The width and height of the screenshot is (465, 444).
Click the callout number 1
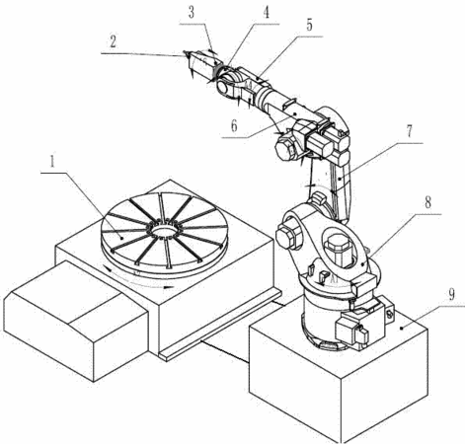[x=52, y=162]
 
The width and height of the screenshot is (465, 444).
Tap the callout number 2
[x=113, y=42]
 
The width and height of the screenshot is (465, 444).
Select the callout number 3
[x=192, y=12]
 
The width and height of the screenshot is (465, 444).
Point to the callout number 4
[x=267, y=13]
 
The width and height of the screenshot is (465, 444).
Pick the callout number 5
[x=309, y=25]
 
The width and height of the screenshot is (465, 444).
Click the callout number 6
[x=234, y=125]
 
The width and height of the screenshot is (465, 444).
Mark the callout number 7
[x=409, y=131]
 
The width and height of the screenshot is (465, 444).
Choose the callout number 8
[x=427, y=202]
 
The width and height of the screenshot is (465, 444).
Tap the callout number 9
[x=451, y=294]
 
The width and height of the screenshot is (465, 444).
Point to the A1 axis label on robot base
[x=334, y=279]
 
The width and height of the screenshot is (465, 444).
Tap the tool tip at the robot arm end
[x=186, y=52]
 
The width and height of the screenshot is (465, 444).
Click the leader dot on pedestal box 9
[x=402, y=328]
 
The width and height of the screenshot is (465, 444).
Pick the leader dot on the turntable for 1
[x=121, y=238]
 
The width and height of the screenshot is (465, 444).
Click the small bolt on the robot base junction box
[x=390, y=315]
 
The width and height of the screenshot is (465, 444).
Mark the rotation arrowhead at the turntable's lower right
[x=169, y=287]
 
